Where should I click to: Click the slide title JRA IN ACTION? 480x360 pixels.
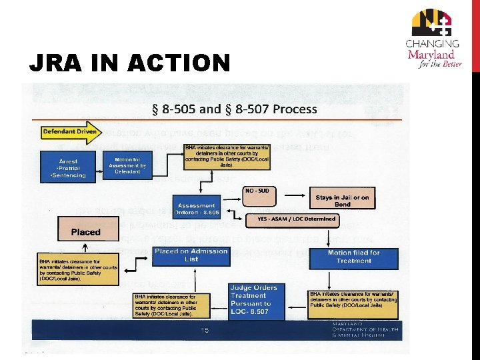point(130,63)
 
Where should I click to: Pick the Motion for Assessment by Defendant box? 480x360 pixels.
point(127,165)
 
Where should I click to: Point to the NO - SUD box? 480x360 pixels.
point(257,191)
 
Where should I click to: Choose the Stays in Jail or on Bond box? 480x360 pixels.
point(342,201)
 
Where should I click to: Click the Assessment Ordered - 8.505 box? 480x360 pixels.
point(197,209)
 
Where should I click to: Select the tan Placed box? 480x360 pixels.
point(86,233)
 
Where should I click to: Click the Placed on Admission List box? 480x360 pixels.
point(191,255)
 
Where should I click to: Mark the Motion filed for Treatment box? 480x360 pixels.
point(353,257)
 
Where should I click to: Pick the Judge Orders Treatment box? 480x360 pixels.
point(249,299)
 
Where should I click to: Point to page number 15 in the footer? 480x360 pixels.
point(205,331)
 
